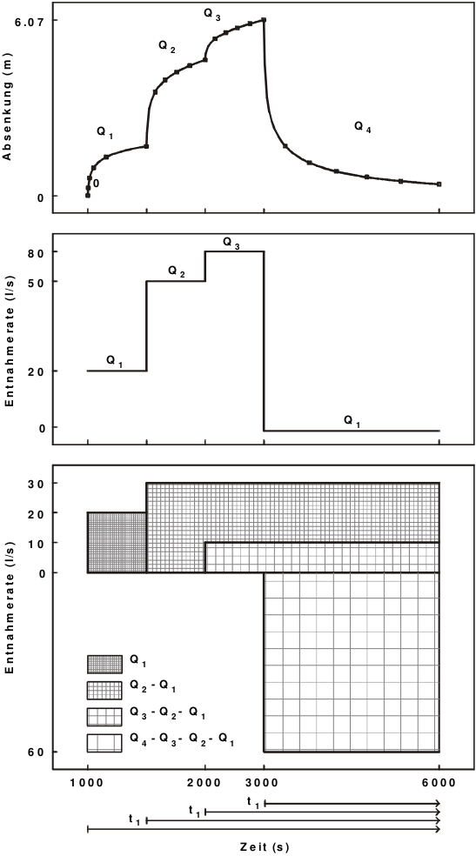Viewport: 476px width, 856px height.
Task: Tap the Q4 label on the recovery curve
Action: click(x=363, y=127)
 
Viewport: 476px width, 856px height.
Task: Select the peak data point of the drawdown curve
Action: click(x=264, y=20)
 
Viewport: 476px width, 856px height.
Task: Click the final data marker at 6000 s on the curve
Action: click(x=439, y=184)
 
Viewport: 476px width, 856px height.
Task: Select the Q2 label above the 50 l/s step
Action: click(x=178, y=271)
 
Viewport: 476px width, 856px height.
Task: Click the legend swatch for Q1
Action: click(x=104, y=664)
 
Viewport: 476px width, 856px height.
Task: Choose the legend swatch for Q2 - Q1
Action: click(x=104, y=691)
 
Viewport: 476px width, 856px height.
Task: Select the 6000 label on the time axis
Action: click(x=439, y=781)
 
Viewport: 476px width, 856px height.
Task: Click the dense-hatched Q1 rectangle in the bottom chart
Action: click(x=117, y=543)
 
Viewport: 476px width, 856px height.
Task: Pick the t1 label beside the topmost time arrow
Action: click(x=253, y=802)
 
